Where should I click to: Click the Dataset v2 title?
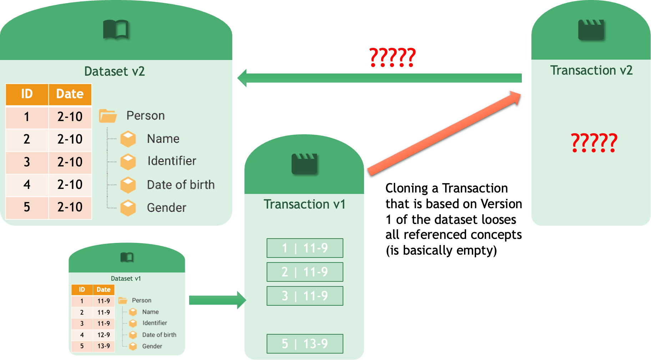115,71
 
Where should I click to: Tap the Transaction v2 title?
591,70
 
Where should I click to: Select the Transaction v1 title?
304,204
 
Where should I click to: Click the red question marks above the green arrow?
392,57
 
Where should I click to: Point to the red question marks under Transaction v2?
594,143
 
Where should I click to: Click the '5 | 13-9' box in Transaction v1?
305,344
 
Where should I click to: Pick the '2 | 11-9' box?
305,272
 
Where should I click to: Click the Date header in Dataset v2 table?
70,94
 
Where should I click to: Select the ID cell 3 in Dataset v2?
27,162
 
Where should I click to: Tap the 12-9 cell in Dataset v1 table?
104,335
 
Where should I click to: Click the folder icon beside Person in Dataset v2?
108,116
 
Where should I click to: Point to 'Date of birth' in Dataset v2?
181,185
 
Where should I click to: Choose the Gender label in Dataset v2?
166,208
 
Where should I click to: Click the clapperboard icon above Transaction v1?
304,164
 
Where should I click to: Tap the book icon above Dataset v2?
116,29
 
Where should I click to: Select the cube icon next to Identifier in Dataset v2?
128,162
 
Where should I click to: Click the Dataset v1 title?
126,279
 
